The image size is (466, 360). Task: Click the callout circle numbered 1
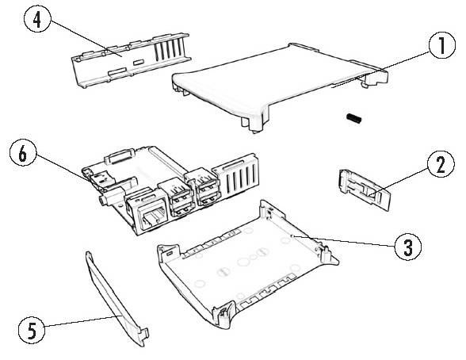coord(442,45)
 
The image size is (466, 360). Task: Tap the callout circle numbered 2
coord(441,164)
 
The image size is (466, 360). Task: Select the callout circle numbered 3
coord(408,247)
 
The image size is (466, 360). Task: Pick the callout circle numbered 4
coord(36,20)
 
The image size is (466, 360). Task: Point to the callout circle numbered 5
coord(32,330)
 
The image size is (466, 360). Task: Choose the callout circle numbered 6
coord(23,154)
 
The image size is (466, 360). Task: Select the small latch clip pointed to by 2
coord(364,190)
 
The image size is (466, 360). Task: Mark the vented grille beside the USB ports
coord(238,176)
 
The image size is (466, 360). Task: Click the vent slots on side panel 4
coord(170,48)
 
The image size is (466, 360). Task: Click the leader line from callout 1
coord(381,69)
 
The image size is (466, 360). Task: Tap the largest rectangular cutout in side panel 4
coord(117,71)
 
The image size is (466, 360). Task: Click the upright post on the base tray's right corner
coord(327,255)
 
